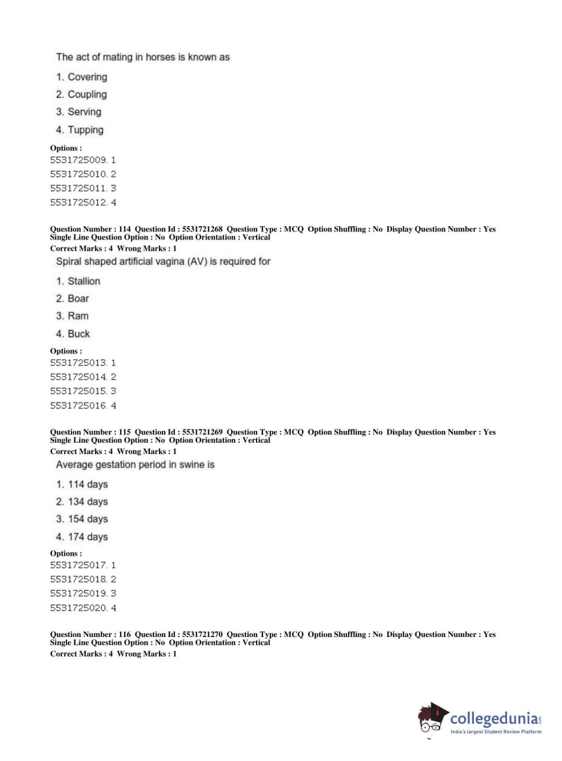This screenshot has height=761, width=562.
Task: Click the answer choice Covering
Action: (87, 77)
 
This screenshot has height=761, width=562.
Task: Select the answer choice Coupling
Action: (87, 94)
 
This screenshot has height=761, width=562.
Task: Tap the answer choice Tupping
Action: (85, 130)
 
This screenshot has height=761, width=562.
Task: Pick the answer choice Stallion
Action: (84, 281)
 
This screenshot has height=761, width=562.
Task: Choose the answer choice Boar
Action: (78, 299)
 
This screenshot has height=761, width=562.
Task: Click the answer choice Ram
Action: (78, 316)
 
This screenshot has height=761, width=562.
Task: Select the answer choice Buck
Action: (79, 334)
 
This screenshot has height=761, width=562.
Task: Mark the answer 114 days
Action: (88, 484)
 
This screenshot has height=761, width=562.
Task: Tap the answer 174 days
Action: (88, 537)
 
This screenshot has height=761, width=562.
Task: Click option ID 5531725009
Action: (78, 160)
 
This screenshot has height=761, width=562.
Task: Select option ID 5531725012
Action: (78, 203)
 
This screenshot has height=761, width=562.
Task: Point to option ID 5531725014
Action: (78, 377)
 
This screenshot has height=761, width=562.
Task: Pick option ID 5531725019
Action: (78, 593)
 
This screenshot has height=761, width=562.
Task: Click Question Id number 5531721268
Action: (202, 229)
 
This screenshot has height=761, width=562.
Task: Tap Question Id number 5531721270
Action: (202, 634)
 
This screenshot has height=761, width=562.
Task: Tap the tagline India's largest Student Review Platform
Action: (496, 732)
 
